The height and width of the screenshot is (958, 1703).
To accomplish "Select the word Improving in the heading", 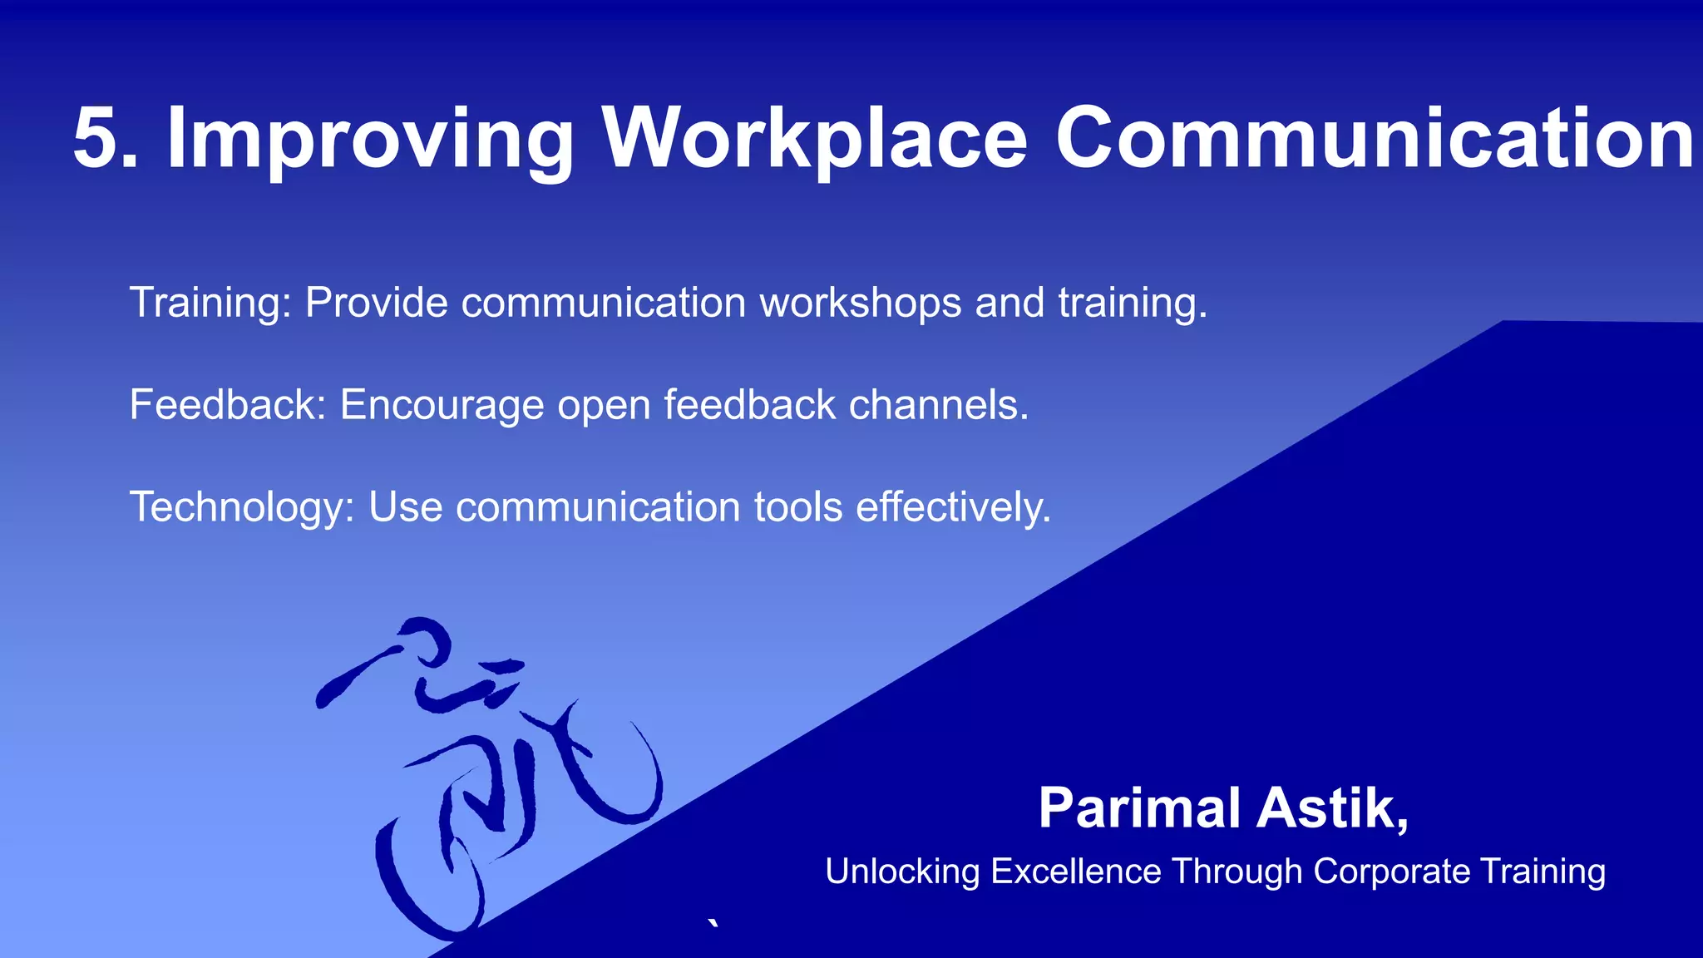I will tap(370, 140).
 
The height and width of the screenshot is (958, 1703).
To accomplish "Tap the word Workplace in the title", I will tap(815, 140).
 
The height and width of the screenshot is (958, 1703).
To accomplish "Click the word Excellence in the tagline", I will tap(1076, 872).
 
